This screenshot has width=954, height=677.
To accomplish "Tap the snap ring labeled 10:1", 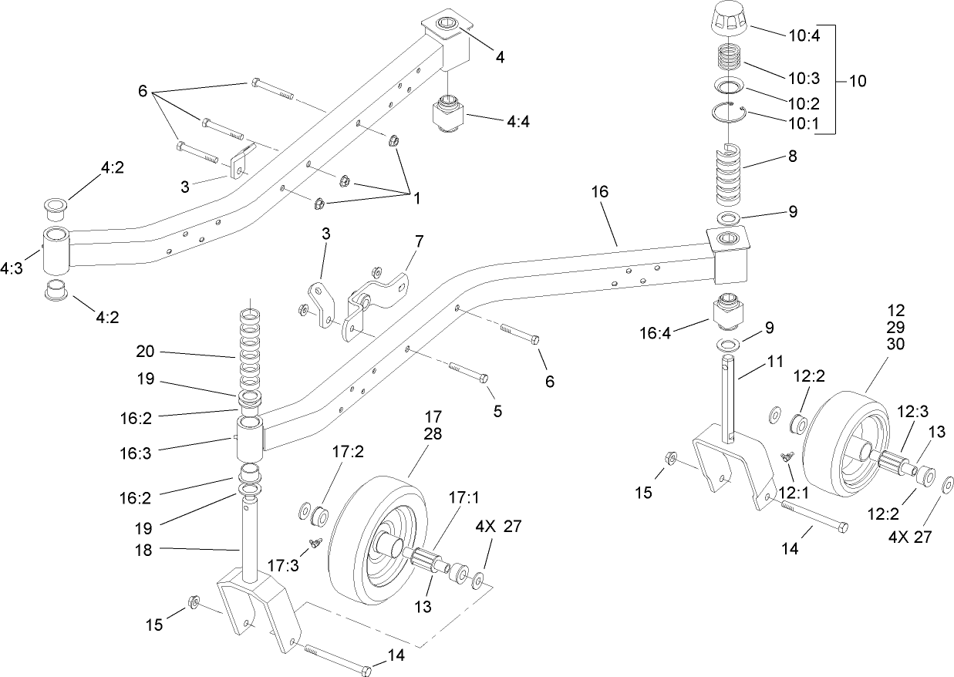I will click(727, 113).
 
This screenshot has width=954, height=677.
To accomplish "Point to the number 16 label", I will click(600, 192).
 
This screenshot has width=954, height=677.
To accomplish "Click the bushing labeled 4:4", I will click(446, 116).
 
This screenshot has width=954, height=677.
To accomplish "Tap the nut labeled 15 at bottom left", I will click(194, 601).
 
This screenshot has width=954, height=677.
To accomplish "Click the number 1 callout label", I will click(416, 198).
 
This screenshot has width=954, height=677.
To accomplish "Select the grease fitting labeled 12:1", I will click(788, 457).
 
